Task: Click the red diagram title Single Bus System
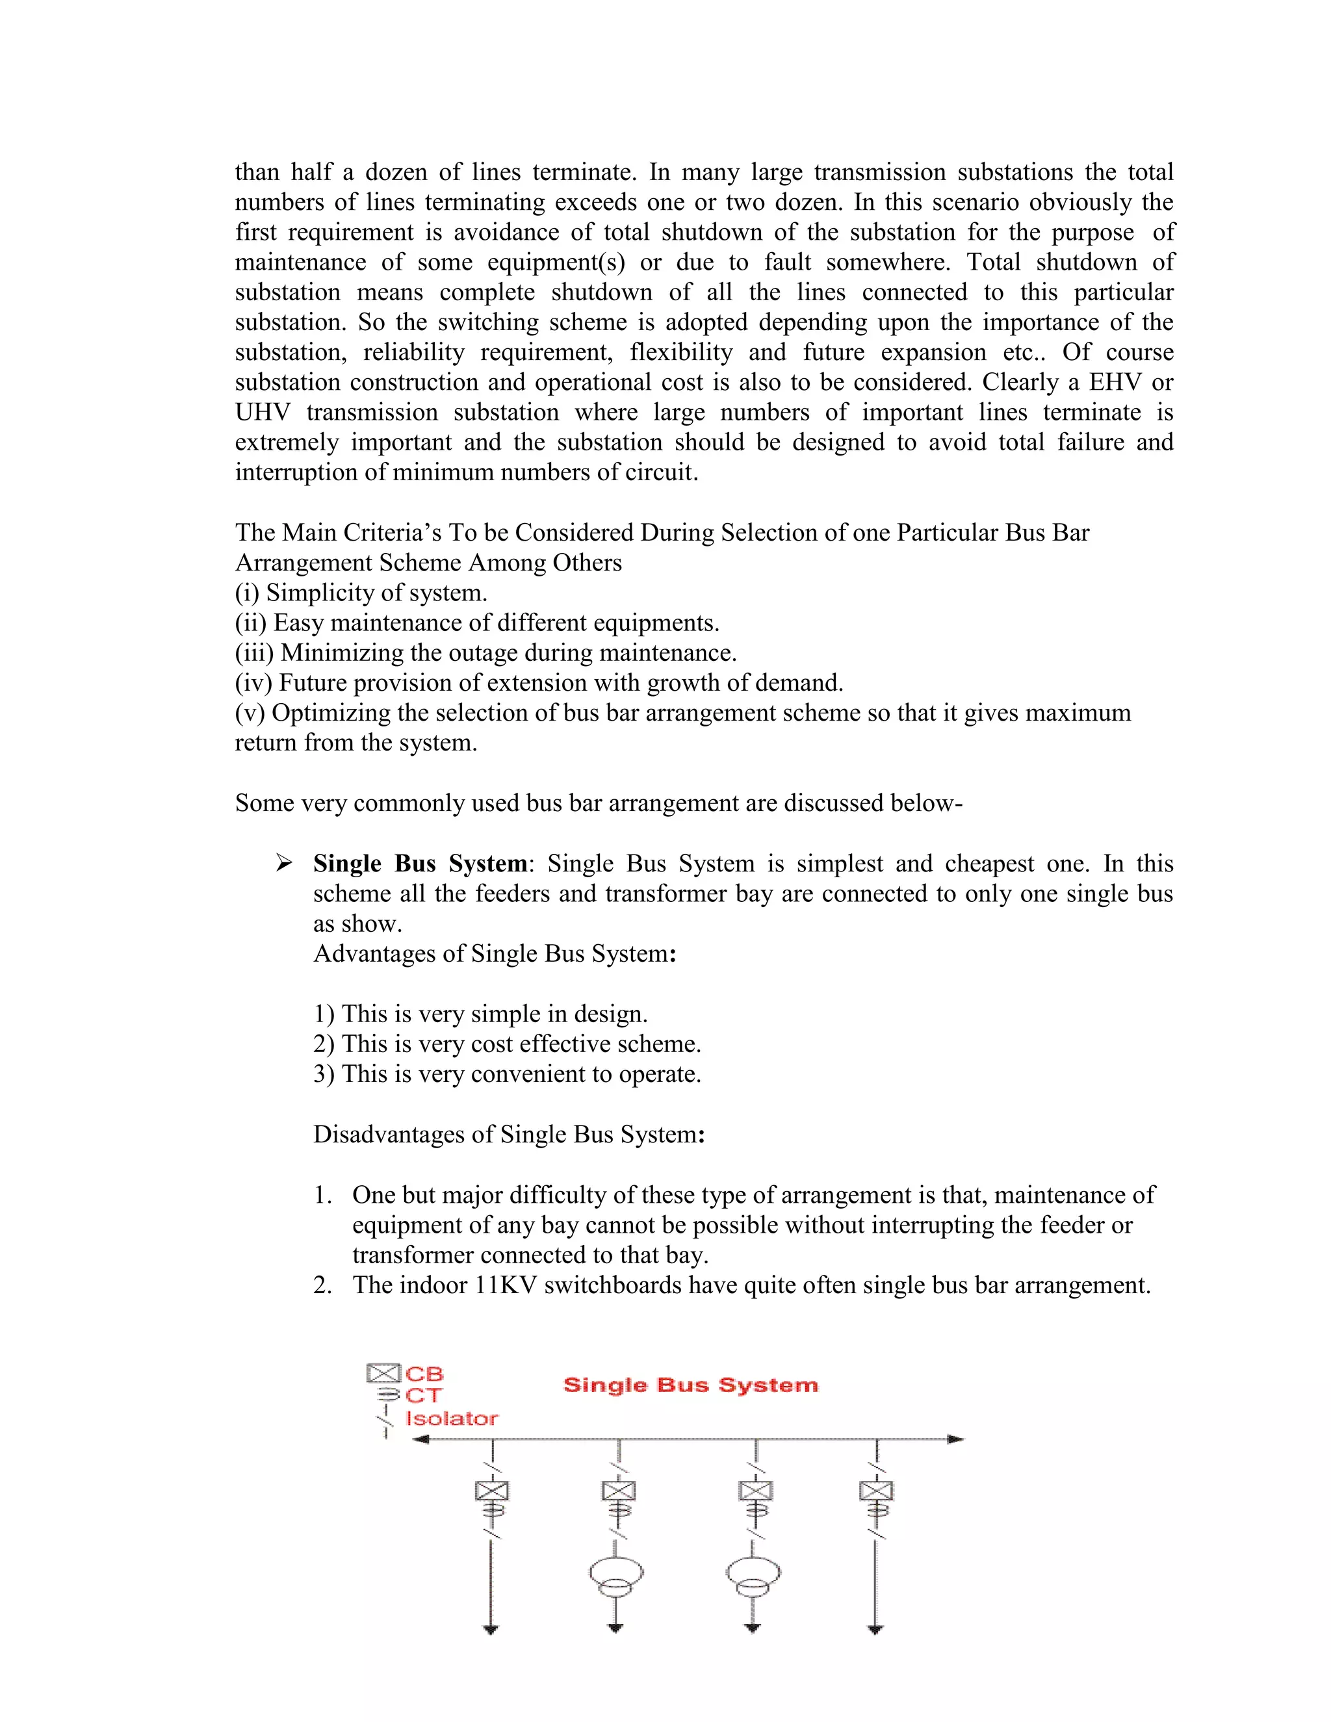[691, 1385]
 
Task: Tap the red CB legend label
[424, 1374]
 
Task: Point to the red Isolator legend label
[451, 1418]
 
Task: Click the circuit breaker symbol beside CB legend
[384, 1374]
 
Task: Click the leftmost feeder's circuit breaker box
[492, 1490]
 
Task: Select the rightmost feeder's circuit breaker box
[876, 1490]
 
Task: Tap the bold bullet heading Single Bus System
[419, 864]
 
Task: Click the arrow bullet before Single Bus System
[284, 864]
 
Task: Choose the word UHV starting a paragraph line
[263, 413]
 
